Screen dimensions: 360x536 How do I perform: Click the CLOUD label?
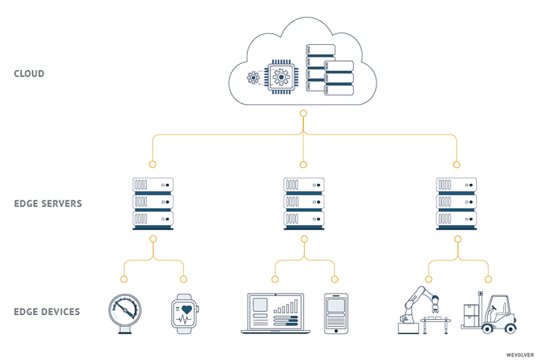(x=29, y=74)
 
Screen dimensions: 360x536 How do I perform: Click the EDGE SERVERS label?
(x=48, y=204)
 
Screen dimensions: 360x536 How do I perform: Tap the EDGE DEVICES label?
(x=47, y=312)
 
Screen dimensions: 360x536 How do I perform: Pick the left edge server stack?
(x=153, y=203)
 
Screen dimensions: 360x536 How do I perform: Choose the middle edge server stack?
(x=304, y=203)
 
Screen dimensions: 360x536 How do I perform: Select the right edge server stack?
(x=456, y=203)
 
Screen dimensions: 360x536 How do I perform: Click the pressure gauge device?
(x=124, y=312)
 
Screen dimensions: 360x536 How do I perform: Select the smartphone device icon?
(x=335, y=313)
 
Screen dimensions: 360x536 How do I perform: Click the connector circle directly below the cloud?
(x=303, y=114)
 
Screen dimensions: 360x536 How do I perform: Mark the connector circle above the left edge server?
(x=152, y=165)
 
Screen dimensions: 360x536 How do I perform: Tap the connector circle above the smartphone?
(x=335, y=279)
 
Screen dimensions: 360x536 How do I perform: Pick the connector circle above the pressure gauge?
(x=123, y=279)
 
